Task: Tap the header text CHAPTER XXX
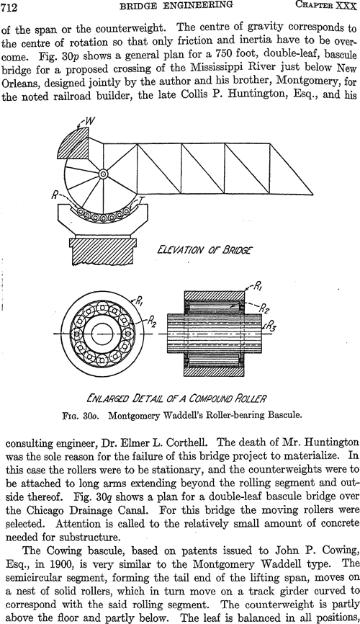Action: [x=325, y=6]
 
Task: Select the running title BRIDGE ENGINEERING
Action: [x=176, y=6]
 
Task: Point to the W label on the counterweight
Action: [x=89, y=120]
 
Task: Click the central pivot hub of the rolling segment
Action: [x=104, y=174]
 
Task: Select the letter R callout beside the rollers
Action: [x=55, y=195]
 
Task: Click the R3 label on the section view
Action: [x=272, y=326]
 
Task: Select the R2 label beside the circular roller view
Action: [x=151, y=322]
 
